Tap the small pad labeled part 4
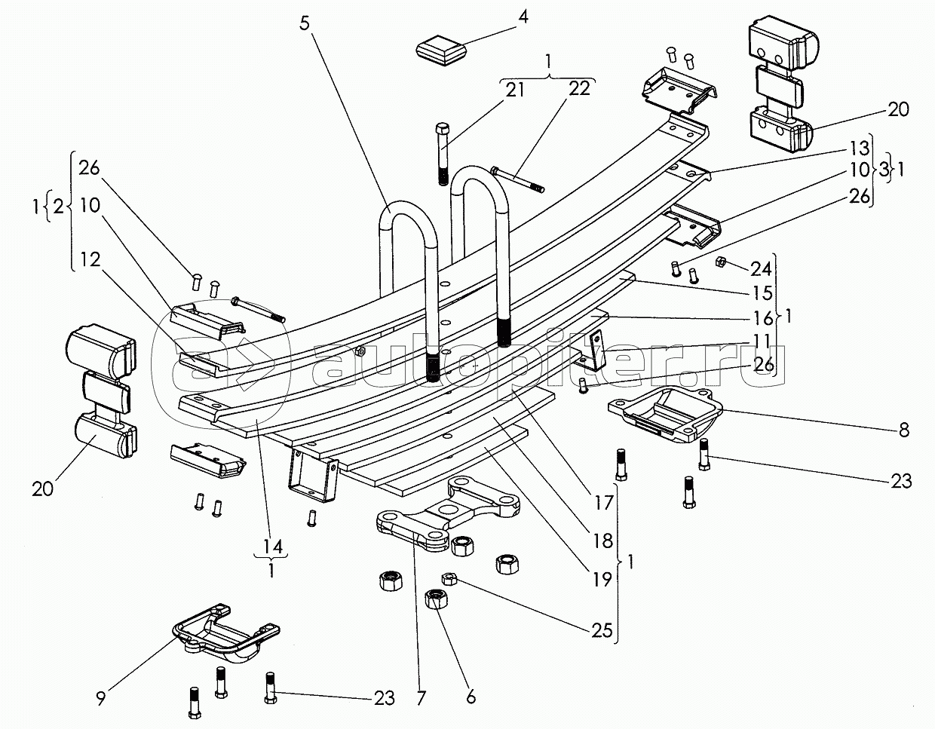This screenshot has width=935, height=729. (x=441, y=51)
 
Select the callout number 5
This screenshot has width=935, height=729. (x=304, y=23)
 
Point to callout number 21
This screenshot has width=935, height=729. (x=515, y=91)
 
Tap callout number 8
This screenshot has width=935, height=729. (x=904, y=430)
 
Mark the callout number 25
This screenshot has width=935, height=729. (x=602, y=630)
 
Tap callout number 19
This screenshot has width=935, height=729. (x=602, y=579)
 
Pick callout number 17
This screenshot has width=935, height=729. (x=602, y=499)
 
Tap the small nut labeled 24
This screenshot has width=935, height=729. (x=719, y=261)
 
